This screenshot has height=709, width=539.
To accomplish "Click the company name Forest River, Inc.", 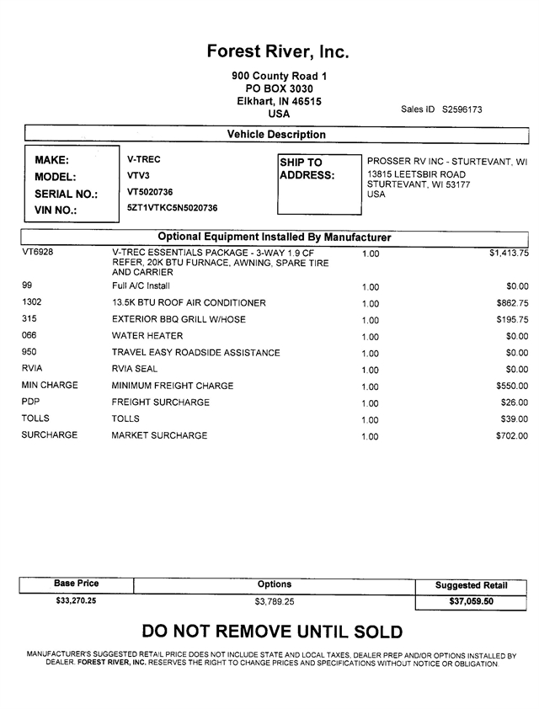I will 278,52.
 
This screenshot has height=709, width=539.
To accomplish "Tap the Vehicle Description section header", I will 276,135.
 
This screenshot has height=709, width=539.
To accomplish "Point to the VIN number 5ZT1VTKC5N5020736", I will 173,208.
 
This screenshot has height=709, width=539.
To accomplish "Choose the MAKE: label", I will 52,160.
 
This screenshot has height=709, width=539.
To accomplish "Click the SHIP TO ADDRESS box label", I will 307,169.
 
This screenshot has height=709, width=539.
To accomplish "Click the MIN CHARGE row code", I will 50,386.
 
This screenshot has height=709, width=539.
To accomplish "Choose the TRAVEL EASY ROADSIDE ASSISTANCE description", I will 195,353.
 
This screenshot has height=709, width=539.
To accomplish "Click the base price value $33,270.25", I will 76,601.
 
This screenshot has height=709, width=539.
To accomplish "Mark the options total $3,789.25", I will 275,602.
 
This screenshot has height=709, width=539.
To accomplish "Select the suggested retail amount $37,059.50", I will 471,602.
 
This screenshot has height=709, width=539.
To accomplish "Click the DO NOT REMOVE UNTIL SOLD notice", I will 272,632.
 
